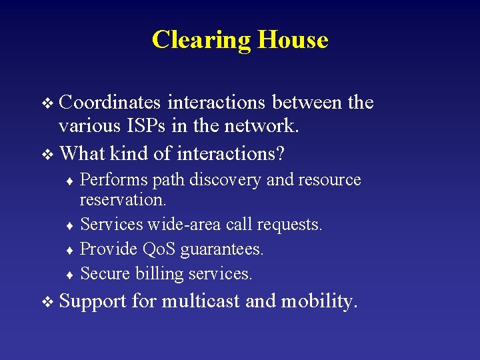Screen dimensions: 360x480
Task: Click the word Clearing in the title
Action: (201, 40)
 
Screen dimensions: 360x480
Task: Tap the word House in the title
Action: (293, 39)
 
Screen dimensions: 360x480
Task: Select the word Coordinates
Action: (110, 102)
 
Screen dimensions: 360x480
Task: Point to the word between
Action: (303, 102)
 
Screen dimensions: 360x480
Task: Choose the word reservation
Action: (123, 199)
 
